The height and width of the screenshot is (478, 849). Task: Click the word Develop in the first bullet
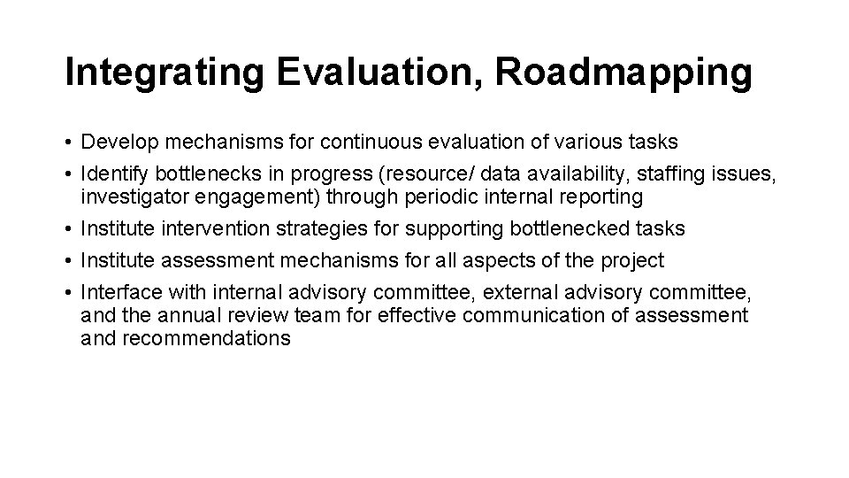(x=116, y=142)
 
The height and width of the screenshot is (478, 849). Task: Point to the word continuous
(x=365, y=142)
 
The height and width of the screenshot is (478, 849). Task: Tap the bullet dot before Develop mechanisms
(x=68, y=143)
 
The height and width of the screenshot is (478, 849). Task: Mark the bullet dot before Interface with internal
(x=68, y=293)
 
